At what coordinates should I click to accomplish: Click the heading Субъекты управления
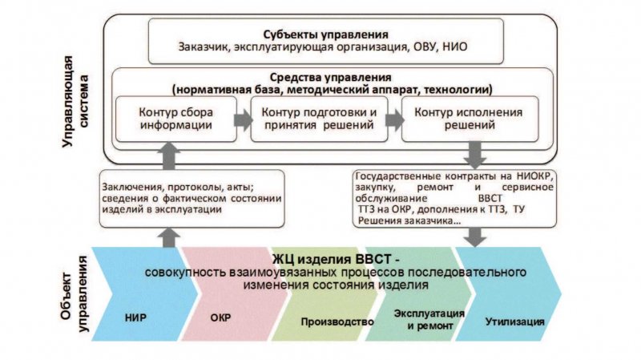point(325,34)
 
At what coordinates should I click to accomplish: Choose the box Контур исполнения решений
point(458,119)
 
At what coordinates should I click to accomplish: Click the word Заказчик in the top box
point(205,48)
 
